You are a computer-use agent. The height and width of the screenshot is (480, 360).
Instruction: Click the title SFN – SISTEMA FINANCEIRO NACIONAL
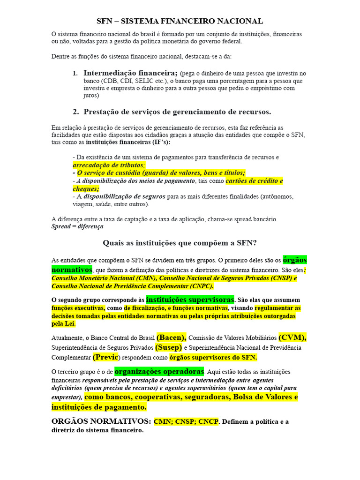click(x=180, y=21)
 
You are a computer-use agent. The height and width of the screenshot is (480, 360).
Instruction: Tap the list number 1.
click(x=75, y=74)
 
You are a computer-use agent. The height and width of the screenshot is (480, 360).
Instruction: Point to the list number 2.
click(x=75, y=112)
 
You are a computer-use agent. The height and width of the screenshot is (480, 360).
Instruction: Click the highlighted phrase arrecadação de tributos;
click(x=109, y=165)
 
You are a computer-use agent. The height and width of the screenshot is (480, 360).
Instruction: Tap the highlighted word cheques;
click(x=86, y=188)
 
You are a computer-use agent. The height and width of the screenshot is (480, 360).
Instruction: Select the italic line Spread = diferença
click(x=77, y=226)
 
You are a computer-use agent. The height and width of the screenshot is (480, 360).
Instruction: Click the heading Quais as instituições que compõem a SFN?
click(x=180, y=243)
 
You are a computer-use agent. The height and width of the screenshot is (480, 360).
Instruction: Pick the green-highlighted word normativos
click(x=72, y=270)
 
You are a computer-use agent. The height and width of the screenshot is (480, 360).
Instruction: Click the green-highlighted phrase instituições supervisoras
click(x=190, y=300)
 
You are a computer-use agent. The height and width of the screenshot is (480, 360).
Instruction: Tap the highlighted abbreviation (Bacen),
click(x=172, y=337)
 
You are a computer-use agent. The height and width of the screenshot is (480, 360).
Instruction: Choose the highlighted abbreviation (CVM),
click(x=292, y=337)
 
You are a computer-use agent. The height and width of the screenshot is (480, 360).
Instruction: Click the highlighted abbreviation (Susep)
click(x=169, y=348)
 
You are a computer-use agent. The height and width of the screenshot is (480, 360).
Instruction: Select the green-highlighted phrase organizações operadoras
click(x=159, y=371)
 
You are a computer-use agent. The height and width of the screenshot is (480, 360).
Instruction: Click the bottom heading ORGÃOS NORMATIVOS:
click(x=101, y=421)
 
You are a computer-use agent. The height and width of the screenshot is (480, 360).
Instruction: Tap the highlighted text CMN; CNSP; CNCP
click(x=186, y=421)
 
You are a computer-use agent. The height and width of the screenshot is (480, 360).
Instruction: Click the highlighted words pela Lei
click(x=63, y=323)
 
